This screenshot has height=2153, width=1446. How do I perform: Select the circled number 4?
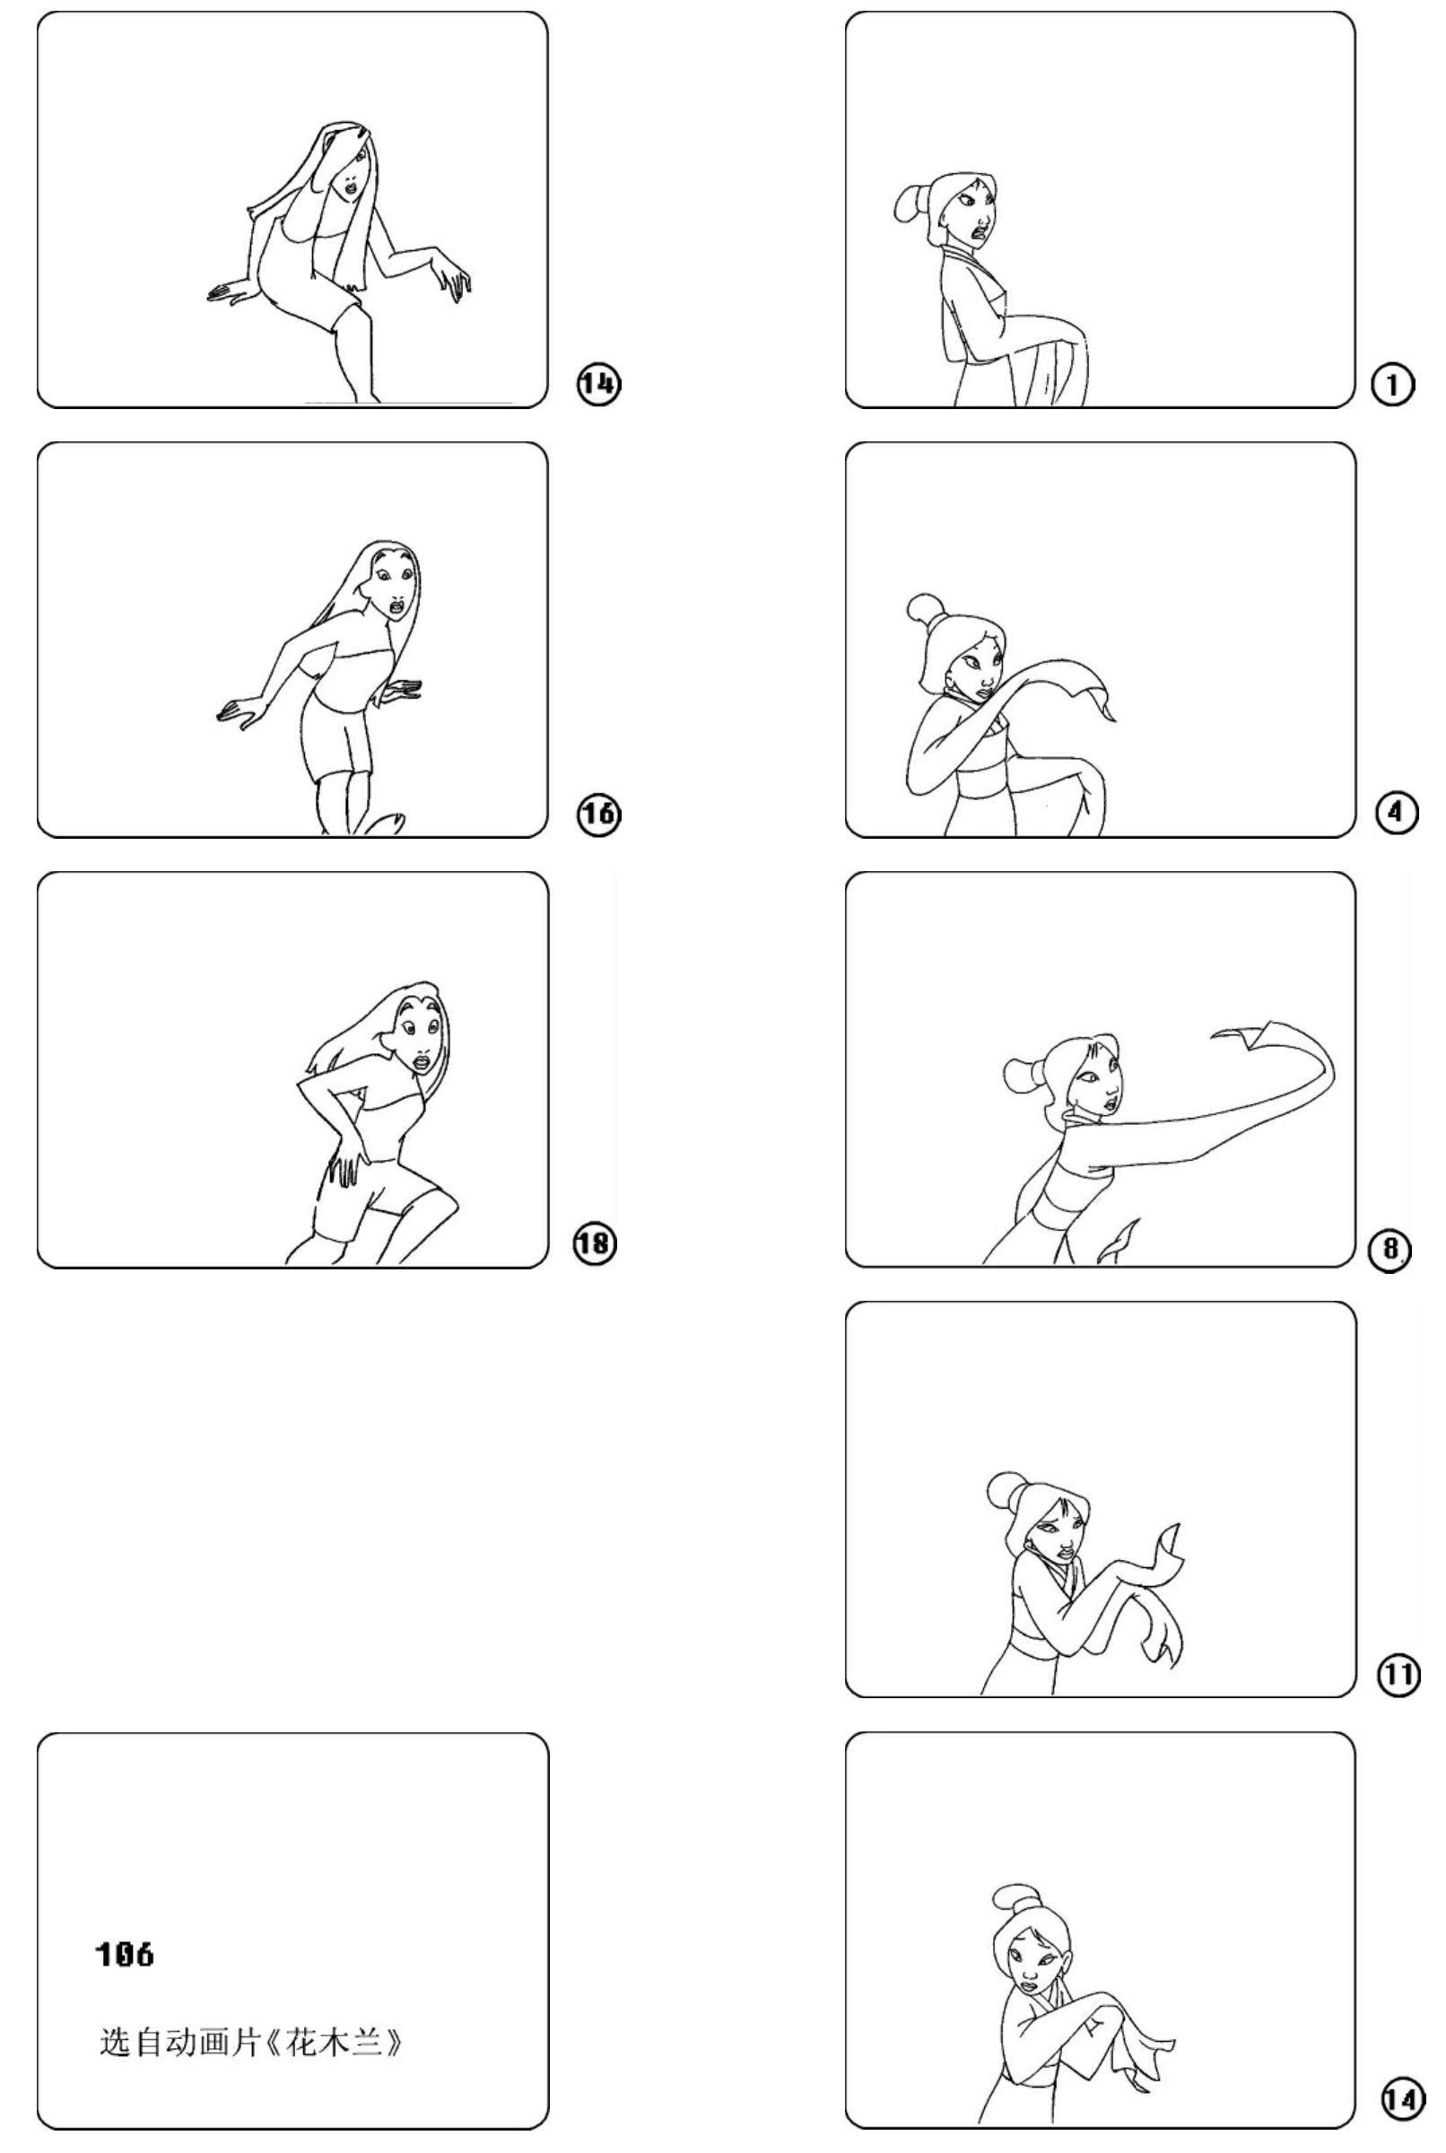point(1396,813)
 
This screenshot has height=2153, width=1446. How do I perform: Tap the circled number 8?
point(1390,1250)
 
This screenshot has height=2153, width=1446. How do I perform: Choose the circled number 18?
point(595,1244)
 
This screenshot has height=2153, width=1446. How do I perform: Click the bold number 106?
point(126,1954)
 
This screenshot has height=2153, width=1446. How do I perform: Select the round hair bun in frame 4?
point(922,608)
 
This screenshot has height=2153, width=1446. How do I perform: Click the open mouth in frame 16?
point(396,607)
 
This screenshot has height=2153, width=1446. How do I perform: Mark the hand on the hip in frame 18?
point(344,1164)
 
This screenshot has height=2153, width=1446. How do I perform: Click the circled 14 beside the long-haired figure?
point(598,384)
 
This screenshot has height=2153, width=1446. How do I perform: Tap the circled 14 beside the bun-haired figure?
point(1402,2098)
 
